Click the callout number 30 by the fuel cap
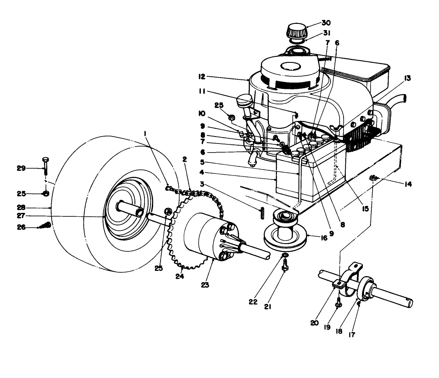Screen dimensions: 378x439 [325, 23]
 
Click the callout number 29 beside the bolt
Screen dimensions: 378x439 [21, 168]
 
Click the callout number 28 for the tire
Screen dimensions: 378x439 [21, 208]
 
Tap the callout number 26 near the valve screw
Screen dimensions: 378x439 [21, 227]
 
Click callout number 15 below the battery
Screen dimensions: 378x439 [365, 209]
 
